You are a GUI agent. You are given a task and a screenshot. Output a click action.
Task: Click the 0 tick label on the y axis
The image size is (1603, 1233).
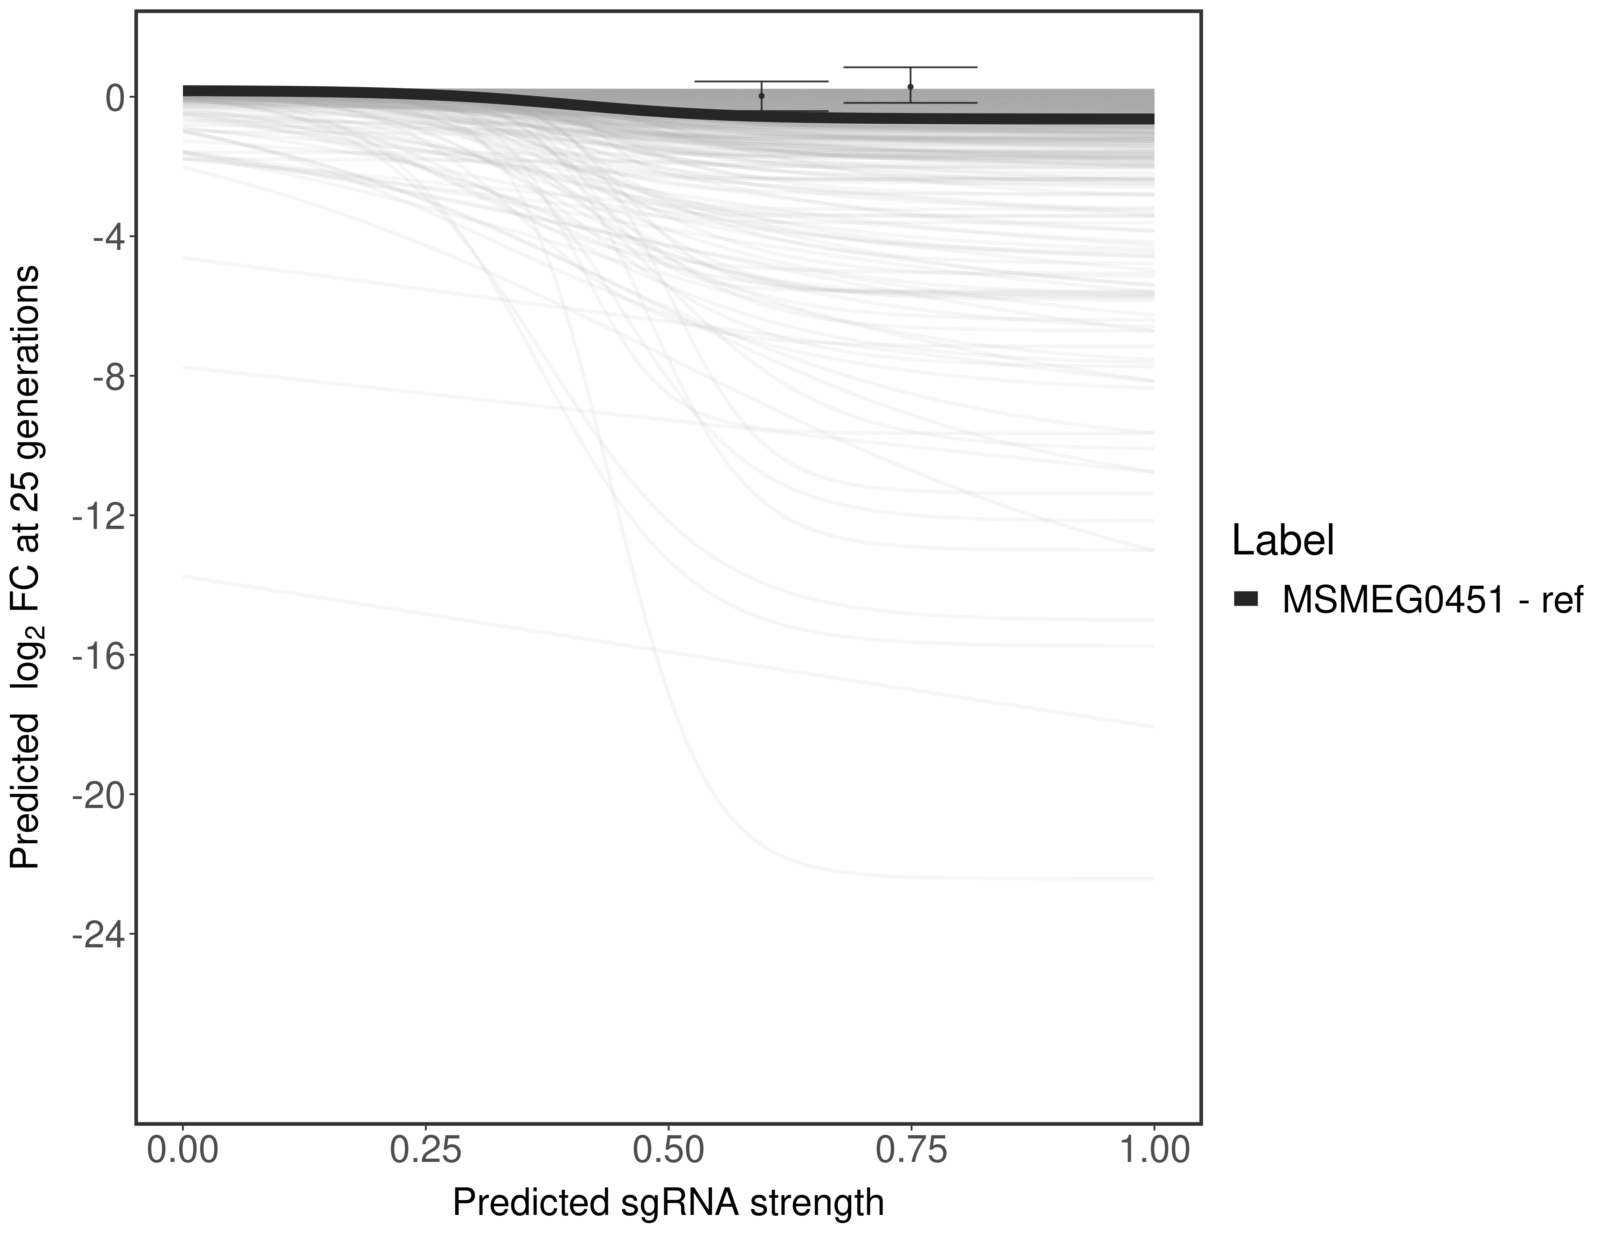click(115, 98)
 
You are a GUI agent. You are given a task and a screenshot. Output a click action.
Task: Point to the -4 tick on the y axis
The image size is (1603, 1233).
click(107, 237)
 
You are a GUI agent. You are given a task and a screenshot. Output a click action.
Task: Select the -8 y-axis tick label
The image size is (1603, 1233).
click(107, 376)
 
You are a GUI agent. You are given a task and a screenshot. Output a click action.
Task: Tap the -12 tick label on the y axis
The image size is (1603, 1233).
click(98, 516)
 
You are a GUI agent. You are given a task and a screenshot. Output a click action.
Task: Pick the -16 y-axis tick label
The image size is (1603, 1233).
click(98, 656)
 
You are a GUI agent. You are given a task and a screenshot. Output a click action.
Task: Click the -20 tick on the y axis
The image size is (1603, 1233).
click(98, 795)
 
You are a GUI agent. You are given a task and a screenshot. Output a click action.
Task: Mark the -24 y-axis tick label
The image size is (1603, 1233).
click(98, 934)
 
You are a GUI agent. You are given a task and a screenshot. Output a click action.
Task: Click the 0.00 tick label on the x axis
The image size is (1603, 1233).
click(183, 1151)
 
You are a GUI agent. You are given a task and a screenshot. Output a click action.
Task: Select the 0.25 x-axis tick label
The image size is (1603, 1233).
click(426, 1151)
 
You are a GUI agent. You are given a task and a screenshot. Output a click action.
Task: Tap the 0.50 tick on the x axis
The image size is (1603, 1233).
click(669, 1151)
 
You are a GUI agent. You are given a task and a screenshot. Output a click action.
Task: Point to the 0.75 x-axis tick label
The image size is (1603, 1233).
click(911, 1151)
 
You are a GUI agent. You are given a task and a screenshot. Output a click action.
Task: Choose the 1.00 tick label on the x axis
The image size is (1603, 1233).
click(1154, 1151)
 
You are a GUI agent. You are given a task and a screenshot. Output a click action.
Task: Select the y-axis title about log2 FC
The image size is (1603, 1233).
click(25, 567)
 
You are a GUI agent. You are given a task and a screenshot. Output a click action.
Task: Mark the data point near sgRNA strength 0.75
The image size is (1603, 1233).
click(910, 87)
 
